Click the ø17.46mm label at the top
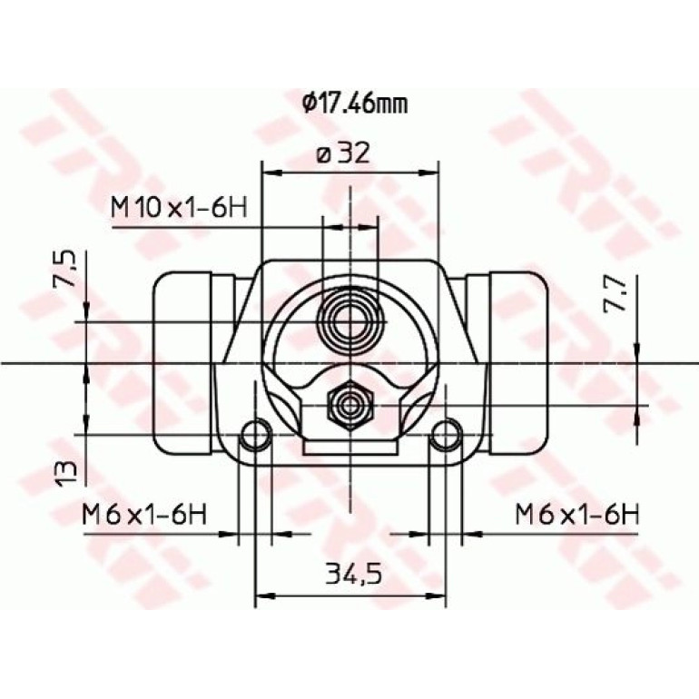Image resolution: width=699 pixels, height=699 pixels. (x=355, y=103)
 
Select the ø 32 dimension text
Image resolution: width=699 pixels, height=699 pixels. (x=343, y=153)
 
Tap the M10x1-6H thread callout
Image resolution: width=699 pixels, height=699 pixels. (x=179, y=208)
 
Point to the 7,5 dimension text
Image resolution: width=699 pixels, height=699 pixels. (x=65, y=270)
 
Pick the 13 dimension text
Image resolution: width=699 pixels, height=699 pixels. (x=65, y=474)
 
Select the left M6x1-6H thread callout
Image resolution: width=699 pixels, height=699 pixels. (x=144, y=514)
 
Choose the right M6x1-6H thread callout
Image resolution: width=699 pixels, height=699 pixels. (x=577, y=514)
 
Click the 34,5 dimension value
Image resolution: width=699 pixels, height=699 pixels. (x=354, y=574)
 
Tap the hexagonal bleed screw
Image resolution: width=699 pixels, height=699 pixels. (x=350, y=405)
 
